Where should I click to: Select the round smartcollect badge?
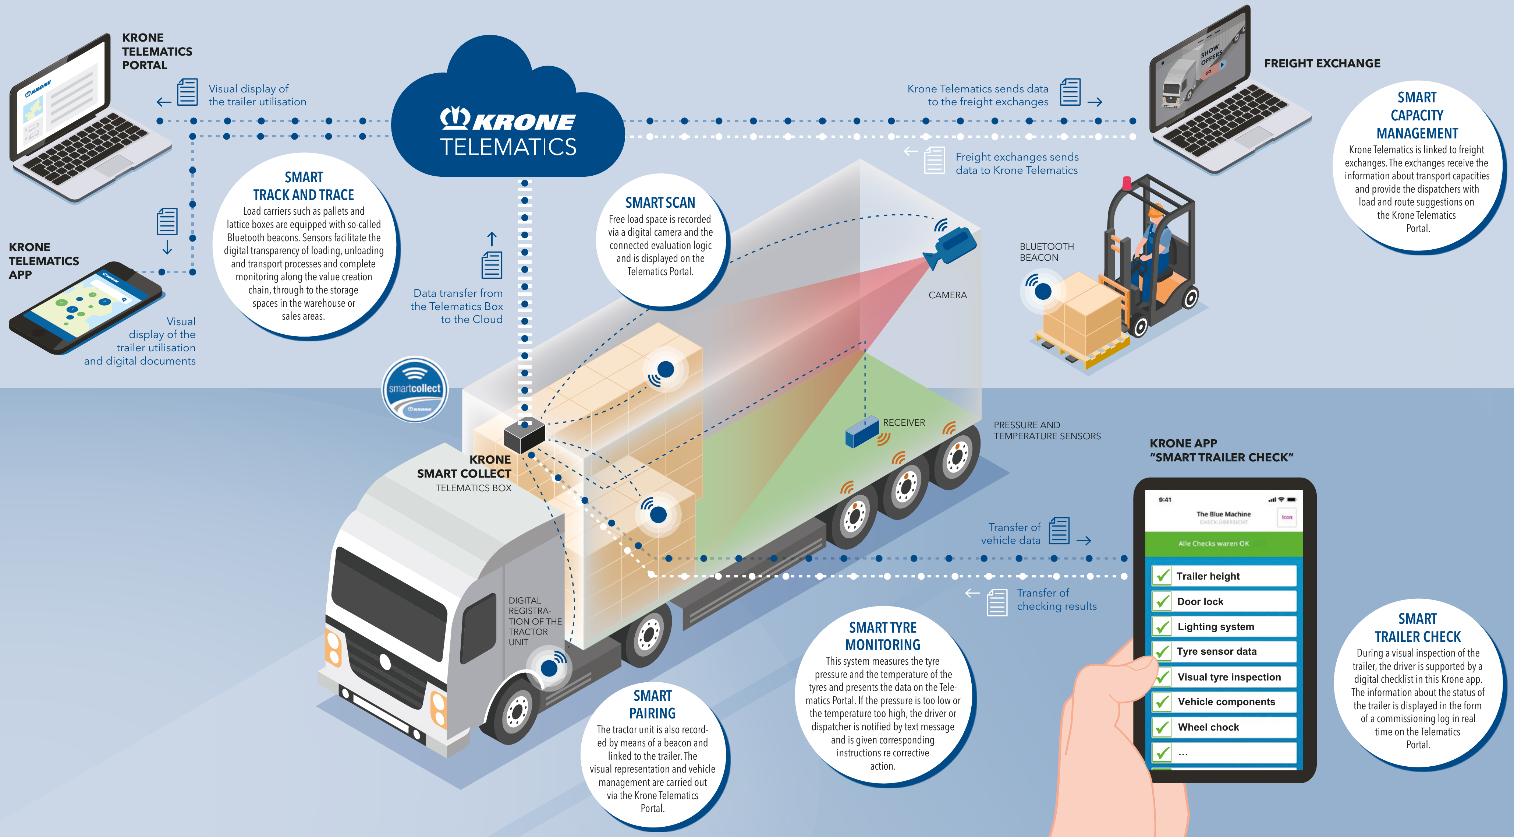coord(415,389)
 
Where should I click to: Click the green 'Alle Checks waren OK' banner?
coord(1223,544)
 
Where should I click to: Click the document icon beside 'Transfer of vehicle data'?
coord(1059,531)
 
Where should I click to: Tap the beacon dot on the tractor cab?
coord(549,668)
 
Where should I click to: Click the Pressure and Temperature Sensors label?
coord(1047,430)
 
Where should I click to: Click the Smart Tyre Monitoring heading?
coord(883,636)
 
